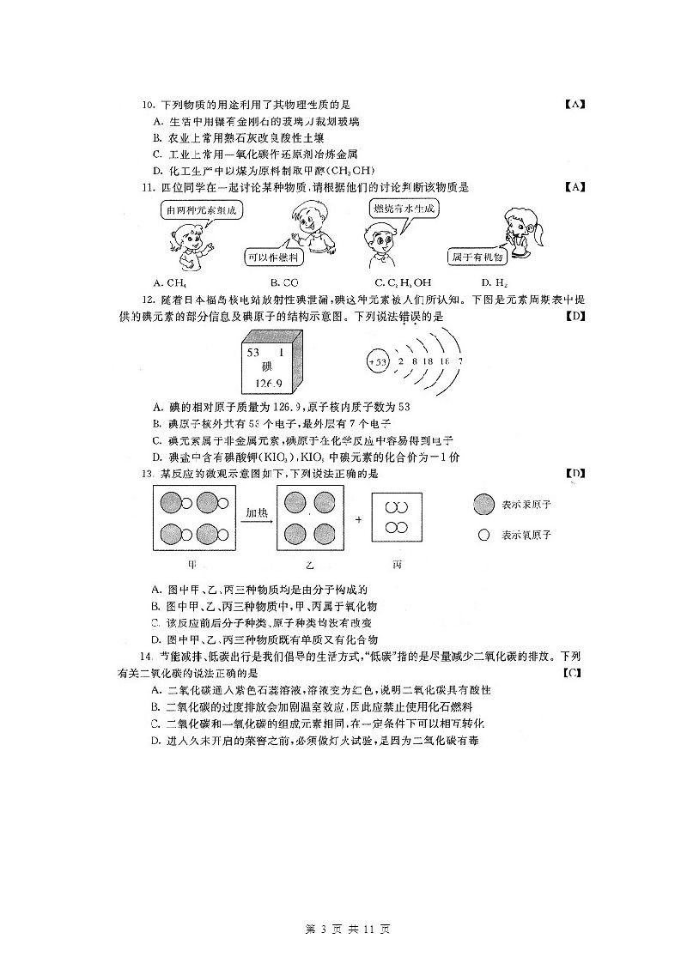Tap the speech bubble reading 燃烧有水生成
click(x=404, y=209)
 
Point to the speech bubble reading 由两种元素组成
click(x=200, y=210)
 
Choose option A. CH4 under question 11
click(x=170, y=282)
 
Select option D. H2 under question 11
click(x=492, y=282)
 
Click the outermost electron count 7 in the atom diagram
click(x=460, y=362)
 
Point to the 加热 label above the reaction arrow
click(x=257, y=512)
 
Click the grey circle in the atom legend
click(x=483, y=505)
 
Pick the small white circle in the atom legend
click(x=483, y=534)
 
